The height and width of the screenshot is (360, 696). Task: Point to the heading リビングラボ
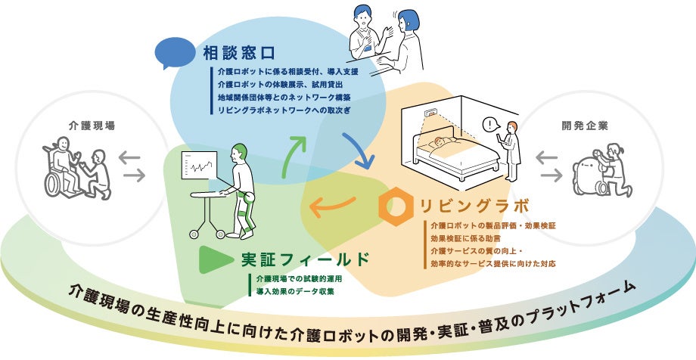tap(468, 204)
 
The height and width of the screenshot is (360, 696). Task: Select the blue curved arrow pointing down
tap(358, 149)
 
